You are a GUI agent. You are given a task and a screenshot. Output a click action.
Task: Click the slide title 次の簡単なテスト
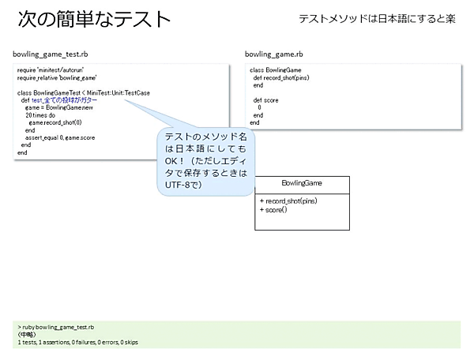(93, 18)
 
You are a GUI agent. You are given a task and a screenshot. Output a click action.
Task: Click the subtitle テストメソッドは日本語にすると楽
(376, 18)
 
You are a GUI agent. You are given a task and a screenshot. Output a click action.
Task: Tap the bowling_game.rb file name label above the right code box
(273, 54)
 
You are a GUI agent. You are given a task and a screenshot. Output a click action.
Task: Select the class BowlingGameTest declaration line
(83, 93)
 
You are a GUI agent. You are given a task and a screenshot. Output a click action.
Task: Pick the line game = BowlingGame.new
(59, 107)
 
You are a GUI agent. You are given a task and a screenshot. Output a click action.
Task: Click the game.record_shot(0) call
(55, 122)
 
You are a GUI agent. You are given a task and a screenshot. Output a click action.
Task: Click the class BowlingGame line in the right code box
(273, 71)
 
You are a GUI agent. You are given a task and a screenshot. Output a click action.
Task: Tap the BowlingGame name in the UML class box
(301, 184)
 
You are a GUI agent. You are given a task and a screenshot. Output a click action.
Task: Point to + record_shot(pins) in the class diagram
(288, 201)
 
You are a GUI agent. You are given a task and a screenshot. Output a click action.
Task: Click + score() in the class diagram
(273, 209)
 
